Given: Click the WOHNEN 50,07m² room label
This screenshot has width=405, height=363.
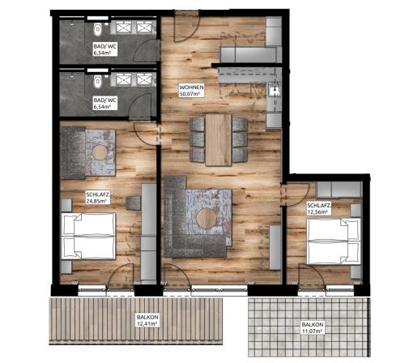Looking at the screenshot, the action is pyautogui.click(x=191, y=91).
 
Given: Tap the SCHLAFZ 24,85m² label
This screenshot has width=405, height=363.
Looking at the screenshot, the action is pyautogui.click(x=98, y=198).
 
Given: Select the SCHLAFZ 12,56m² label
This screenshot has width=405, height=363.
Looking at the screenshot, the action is pyautogui.click(x=319, y=208).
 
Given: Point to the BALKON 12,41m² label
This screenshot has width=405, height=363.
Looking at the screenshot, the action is pyautogui.click(x=147, y=320).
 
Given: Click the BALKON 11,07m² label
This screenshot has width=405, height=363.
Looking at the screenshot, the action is pyautogui.click(x=313, y=327).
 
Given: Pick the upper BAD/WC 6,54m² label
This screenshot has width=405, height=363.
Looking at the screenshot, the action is pyautogui.click(x=105, y=49).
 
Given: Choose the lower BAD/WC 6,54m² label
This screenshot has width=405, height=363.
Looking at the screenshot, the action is pyautogui.click(x=105, y=103).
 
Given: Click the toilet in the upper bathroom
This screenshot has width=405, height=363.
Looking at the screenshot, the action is pyautogui.click(x=97, y=29).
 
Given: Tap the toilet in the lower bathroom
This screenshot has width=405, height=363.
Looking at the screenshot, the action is pyautogui.click(x=97, y=82).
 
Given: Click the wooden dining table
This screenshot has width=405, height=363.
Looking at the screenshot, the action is pyautogui.click(x=219, y=139).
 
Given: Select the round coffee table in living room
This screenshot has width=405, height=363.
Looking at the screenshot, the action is pyautogui.click(x=207, y=218).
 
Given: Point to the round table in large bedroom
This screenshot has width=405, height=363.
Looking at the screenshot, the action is pyautogui.click(x=100, y=152).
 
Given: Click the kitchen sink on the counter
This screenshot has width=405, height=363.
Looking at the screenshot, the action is pyautogui.click(x=275, y=89).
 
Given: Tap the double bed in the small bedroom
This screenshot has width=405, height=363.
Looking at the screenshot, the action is pyautogui.click(x=334, y=241).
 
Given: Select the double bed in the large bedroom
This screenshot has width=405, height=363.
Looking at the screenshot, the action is pyautogui.click(x=88, y=236).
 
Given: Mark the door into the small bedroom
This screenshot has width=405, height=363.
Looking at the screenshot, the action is pyautogui.click(x=296, y=194).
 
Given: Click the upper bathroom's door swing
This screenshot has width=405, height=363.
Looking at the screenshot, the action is pyautogui.click(x=145, y=51).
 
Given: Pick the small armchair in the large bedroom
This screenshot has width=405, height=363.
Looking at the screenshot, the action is pyautogui.click(x=134, y=203).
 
